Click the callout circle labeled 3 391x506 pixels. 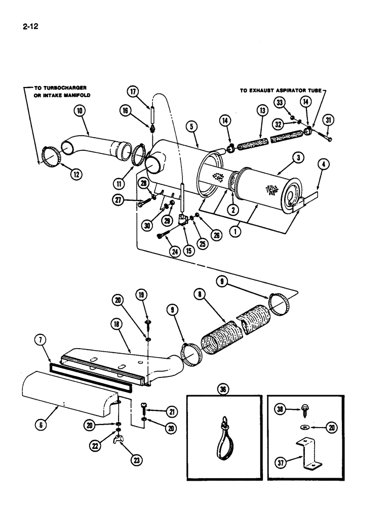pyautogui.click(x=299, y=158)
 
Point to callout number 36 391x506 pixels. pyautogui.click(x=221, y=390)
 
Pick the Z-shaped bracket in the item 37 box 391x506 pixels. pyautogui.click(x=309, y=450)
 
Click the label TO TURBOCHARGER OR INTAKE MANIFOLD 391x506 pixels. pyautogui.click(x=60, y=91)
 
